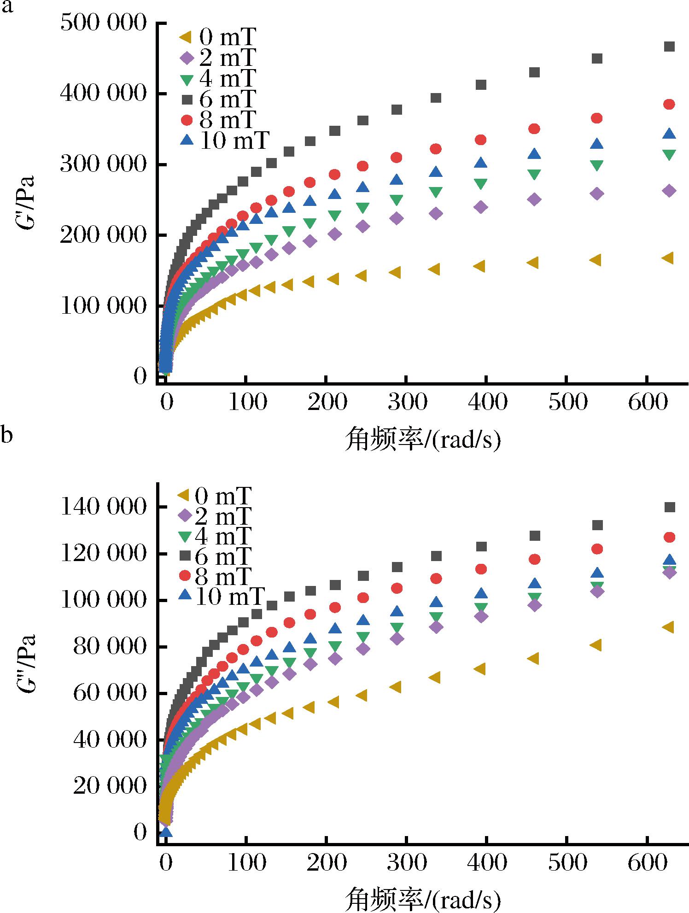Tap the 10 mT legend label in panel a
coord(224,140)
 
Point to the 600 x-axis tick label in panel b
coord(647,862)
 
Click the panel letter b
coord(6,434)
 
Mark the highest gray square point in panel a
coord(670,47)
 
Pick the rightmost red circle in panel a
coord(669,105)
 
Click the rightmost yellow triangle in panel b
coord(668,627)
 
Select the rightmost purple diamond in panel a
coord(670,191)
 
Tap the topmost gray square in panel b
coord(670,507)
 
